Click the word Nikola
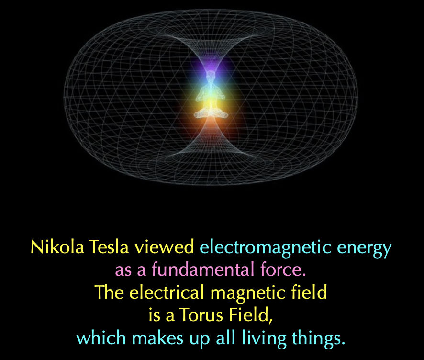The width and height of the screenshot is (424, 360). coord(57,247)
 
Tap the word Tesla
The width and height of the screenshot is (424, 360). coord(108,247)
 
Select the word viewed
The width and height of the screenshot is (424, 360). coord(164,247)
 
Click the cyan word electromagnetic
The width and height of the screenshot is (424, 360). coord(266,247)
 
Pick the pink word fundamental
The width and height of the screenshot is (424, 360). coord(203,269)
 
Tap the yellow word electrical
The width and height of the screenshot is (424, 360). coord(167,292)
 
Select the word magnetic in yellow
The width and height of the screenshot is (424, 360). coord(248,293)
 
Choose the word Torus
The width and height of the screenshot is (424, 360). coord(201,315)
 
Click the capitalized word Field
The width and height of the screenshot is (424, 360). coord(251,315)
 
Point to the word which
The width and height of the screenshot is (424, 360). coord(101,337)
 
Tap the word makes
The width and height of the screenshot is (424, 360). coord(157,337)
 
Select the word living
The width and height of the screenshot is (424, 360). coord(264,339)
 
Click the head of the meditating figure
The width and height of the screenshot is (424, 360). coord(210,75)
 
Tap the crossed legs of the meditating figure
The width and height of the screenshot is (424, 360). coord(211,114)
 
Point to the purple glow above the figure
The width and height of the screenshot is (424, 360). coord(211,64)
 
